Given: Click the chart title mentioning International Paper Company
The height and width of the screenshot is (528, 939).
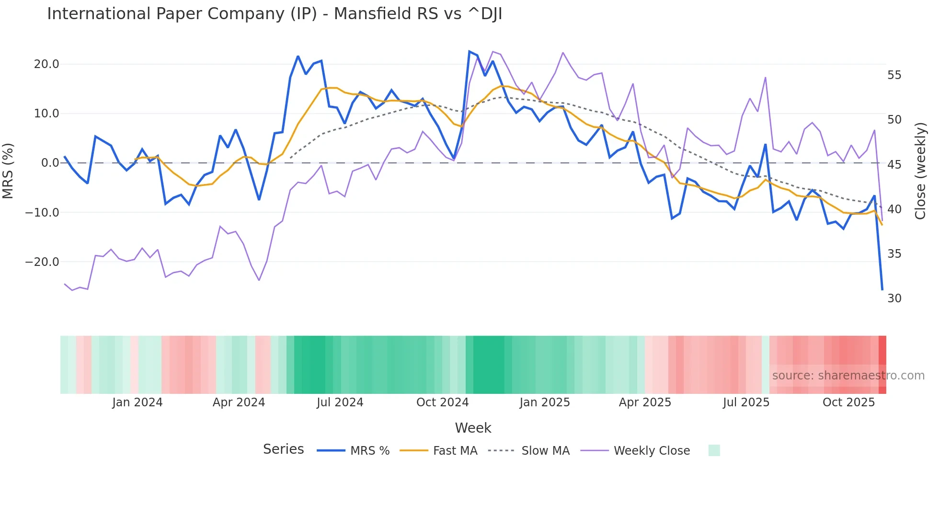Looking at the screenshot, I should click(275, 14).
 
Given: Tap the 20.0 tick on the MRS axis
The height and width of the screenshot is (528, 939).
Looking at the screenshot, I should click(46, 64).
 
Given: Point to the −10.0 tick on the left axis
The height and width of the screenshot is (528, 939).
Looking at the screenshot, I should click(42, 212).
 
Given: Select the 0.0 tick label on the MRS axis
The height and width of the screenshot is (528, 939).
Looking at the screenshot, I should click(50, 163).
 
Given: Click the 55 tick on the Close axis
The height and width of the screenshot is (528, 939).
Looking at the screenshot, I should click(894, 75).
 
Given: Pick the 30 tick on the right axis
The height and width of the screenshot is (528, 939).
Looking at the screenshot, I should click(894, 298).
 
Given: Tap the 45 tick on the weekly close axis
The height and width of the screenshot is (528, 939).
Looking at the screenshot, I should click(894, 165).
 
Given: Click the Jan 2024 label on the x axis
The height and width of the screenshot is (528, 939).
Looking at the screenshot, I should click(137, 402).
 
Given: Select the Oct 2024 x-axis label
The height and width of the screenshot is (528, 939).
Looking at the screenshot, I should click(442, 402).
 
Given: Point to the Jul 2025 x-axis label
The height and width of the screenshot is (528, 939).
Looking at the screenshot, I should click(746, 402).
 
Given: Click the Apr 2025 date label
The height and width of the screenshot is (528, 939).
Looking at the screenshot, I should click(645, 402).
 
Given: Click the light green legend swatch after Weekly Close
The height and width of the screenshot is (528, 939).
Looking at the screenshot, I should click(714, 450).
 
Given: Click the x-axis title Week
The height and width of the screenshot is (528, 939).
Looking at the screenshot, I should click(473, 428).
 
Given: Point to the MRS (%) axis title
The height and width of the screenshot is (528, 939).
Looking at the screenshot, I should click(8, 171).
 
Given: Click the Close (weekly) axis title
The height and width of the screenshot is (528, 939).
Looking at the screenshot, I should click(920, 171).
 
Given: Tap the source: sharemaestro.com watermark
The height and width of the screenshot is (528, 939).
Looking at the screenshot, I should click(848, 376).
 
